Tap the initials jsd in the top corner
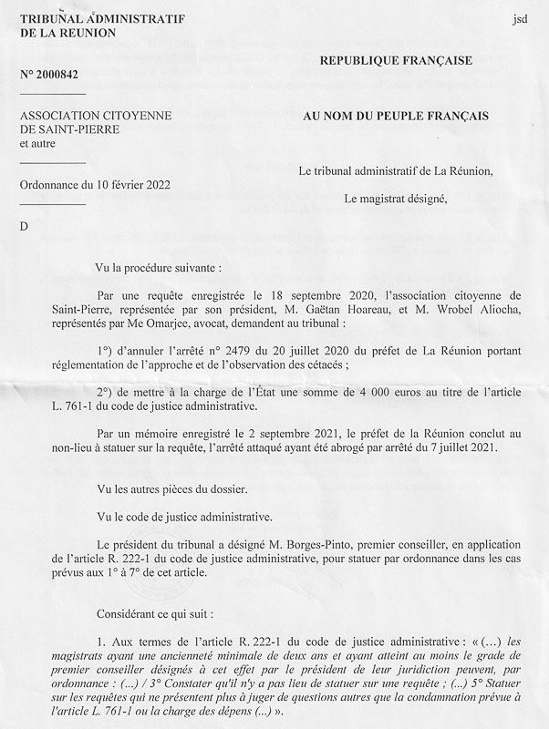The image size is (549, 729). pyautogui.click(x=520, y=18)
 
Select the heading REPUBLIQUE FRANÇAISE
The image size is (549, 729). pyautogui.click(x=395, y=60)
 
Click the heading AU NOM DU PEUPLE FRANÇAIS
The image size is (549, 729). pyautogui.click(x=396, y=116)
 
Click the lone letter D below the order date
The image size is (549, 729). pyautogui.click(x=24, y=225)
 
